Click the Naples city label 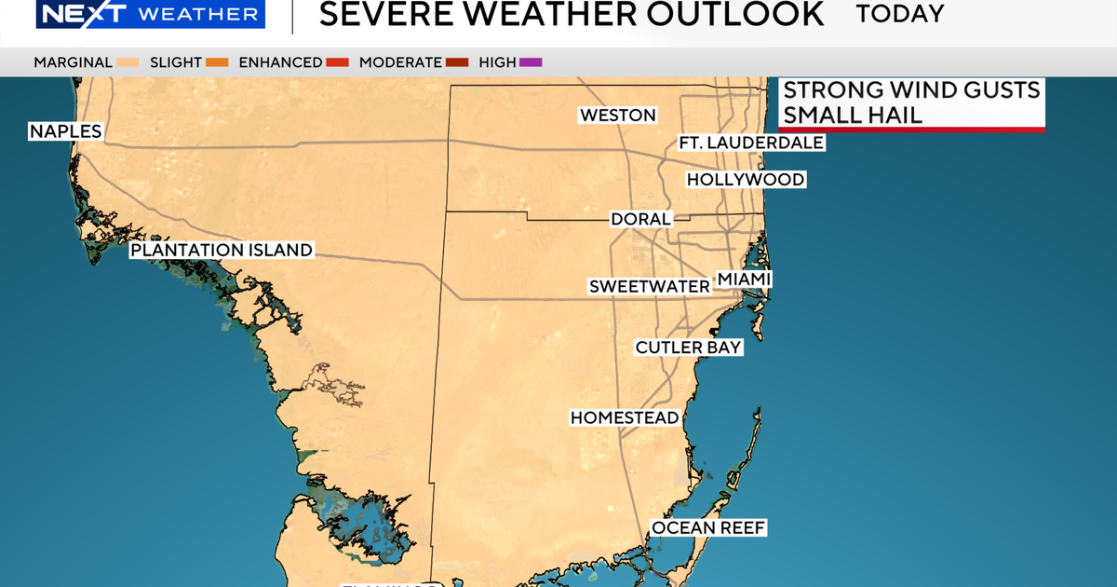[x=65, y=131]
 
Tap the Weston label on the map [x=617, y=116]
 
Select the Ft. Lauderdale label [x=751, y=143]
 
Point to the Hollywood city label [x=745, y=180]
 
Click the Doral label [x=640, y=220]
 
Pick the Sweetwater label [x=649, y=287]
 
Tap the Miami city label [x=744, y=280]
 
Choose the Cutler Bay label [x=688, y=348]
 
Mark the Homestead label [x=625, y=418]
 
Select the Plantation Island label [x=221, y=251]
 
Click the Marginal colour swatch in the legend [x=128, y=62]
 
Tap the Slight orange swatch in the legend [x=218, y=62]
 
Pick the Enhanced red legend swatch [x=337, y=62]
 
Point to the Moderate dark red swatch [x=457, y=62]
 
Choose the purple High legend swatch [x=531, y=62]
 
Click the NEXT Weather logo [x=134, y=14]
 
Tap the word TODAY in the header [x=899, y=14]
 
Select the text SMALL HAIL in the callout [x=852, y=115]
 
